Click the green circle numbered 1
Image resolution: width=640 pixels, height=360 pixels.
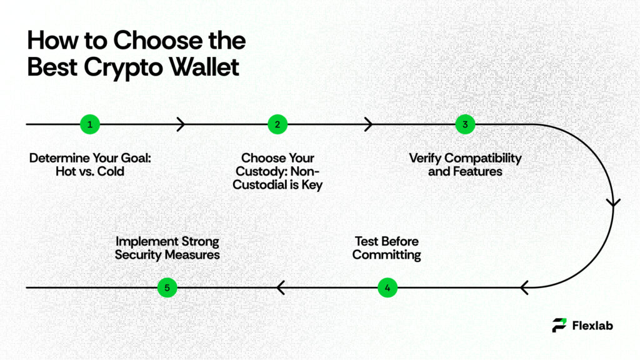click(x=89, y=124)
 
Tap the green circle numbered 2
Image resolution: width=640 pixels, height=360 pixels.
click(x=277, y=124)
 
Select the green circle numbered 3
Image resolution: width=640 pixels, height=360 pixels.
click(x=464, y=124)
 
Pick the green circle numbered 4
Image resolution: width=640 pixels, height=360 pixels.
click(x=387, y=287)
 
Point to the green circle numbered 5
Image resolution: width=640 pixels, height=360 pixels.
click(x=167, y=287)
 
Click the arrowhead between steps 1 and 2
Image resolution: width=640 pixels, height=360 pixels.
click(x=181, y=124)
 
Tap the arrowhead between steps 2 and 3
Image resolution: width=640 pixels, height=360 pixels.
click(x=369, y=124)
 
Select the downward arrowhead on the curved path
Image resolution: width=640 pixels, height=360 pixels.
click(x=614, y=202)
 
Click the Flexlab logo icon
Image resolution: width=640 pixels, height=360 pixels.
click(x=559, y=325)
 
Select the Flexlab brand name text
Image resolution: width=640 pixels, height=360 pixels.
click(x=592, y=325)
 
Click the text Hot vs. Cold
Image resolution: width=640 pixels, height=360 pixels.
click(x=90, y=170)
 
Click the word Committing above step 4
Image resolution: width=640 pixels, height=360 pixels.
click(x=386, y=255)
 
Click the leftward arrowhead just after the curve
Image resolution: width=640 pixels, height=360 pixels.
click(x=525, y=287)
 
